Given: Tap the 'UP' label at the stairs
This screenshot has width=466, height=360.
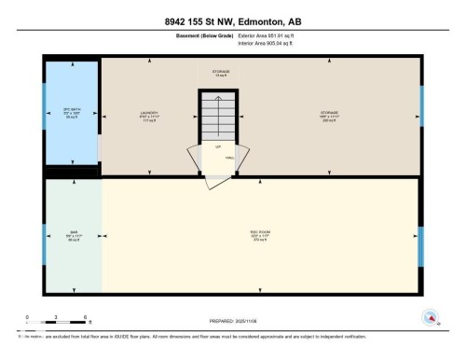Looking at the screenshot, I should point(218,146).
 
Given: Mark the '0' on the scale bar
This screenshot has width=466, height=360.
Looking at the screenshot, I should point(27,317).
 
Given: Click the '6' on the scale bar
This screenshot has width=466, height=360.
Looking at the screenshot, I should point(86,317).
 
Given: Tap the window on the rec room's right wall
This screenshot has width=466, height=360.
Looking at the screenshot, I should point(421,239).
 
